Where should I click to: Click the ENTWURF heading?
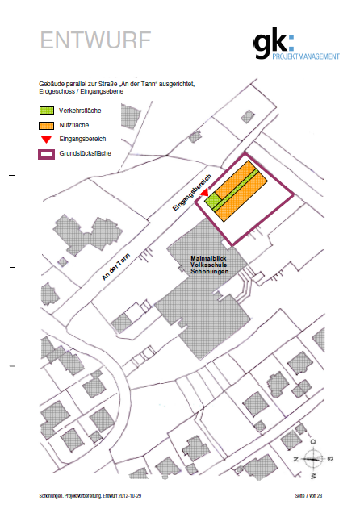(x=95, y=40)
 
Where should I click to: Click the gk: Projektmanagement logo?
(x=296, y=44)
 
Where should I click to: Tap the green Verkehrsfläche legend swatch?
(x=47, y=111)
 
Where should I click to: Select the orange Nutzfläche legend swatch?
(x=47, y=125)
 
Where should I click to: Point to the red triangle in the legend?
(x=47, y=140)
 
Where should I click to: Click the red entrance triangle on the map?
(x=204, y=192)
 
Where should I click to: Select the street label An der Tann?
(x=116, y=267)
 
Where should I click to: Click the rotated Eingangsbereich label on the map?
(x=192, y=193)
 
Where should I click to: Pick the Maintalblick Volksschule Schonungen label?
(x=209, y=265)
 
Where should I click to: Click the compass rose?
(x=313, y=458)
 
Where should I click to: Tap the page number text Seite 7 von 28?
(x=308, y=496)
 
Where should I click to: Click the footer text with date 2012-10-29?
(x=90, y=496)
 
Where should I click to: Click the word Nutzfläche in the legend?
(x=74, y=125)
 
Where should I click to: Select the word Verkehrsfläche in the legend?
(x=80, y=111)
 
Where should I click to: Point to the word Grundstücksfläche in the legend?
(x=85, y=153)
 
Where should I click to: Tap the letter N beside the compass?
(x=296, y=459)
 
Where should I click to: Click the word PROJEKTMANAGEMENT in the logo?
(x=306, y=56)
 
